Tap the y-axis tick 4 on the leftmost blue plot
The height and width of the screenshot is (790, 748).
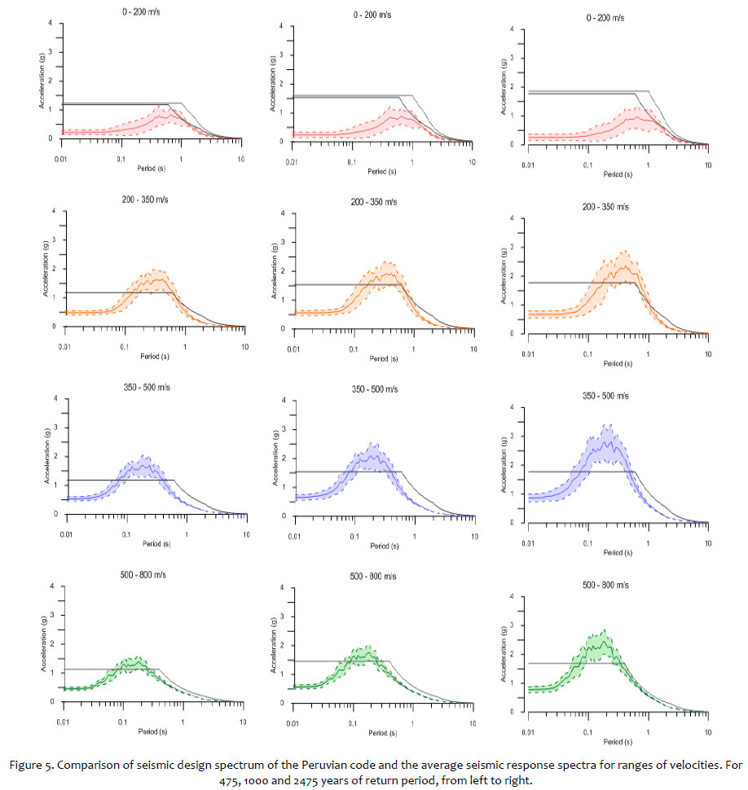pyautogui.click(x=55, y=398)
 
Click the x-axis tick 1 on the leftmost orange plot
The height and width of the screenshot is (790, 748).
pyautogui.click(x=185, y=345)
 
